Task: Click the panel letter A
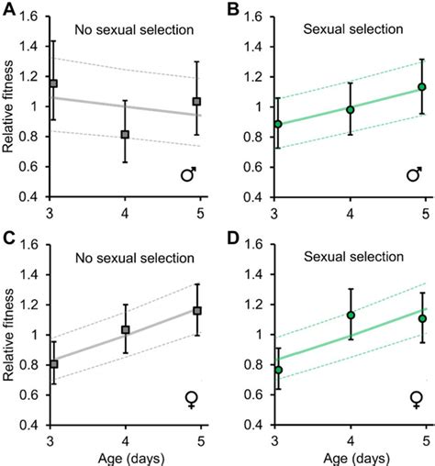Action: (x=8, y=7)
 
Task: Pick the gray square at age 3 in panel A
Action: (x=53, y=83)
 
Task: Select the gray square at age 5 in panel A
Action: (x=196, y=101)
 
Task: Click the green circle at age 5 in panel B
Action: (x=421, y=87)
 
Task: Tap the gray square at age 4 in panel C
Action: (x=125, y=329)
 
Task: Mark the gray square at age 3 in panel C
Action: (x=53, y=364)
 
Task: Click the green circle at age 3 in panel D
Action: (x=278, y=370)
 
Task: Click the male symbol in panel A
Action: (x=189, y=172)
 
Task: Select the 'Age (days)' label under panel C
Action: (x=125, y=456)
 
